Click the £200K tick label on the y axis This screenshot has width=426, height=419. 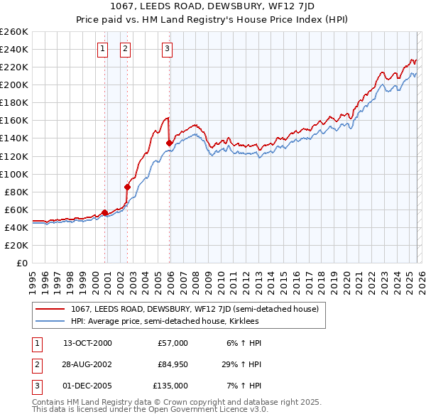13,85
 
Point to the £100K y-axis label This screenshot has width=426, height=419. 13,174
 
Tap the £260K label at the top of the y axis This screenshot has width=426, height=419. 13,32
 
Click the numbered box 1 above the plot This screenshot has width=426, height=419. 103,49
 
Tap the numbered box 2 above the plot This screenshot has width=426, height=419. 125,49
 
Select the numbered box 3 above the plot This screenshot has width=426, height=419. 167,49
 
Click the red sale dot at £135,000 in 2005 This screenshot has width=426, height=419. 169,143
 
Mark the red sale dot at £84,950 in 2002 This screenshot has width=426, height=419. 128,187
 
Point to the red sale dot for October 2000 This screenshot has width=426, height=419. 105,212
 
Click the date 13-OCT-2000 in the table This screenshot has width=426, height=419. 87,343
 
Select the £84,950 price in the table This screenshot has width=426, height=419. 173,364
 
